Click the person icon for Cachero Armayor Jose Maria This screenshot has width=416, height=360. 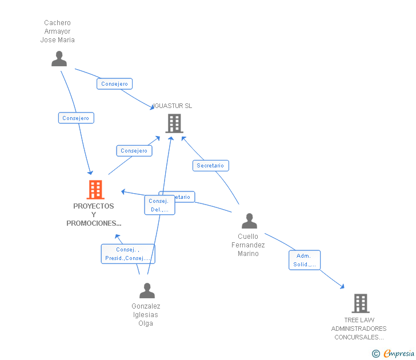[59, 59]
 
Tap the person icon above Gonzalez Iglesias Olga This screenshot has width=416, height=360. [147, 291]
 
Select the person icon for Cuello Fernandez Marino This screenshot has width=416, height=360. [249, 221]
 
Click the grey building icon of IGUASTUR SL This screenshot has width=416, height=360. [174, 123]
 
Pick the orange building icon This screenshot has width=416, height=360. [95, 190]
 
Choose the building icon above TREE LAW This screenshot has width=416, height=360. [360, 303]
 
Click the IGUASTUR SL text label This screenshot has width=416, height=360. [173, 106]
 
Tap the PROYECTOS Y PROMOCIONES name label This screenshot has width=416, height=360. [94, 215]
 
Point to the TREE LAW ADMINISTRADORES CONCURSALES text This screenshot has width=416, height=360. [359, 329]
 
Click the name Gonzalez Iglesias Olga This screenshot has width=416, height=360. [146, 315]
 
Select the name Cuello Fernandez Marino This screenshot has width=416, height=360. [248, 245]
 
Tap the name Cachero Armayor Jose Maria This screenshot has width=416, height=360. [58, 31]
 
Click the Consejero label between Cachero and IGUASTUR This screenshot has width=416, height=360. [114, 84]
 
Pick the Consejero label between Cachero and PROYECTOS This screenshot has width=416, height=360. [76, 118]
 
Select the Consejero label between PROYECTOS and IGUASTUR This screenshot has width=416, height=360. [134, 151]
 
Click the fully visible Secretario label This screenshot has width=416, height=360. [210, 166]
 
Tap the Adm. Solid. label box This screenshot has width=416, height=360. [305, 260]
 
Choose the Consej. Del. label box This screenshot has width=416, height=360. [159, 205]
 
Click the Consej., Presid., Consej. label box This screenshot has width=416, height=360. [127, 254]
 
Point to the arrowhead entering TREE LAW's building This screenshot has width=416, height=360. [342, 287]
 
